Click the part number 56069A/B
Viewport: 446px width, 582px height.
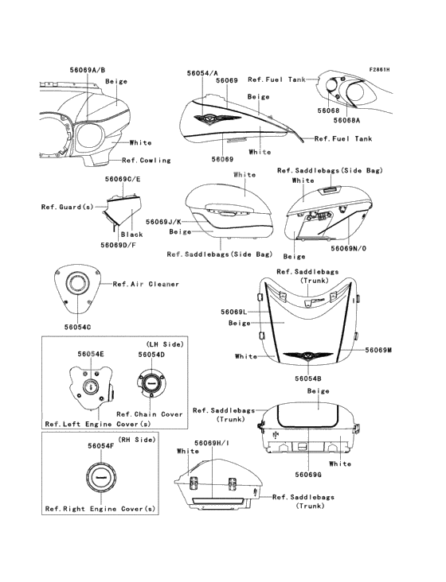[x=88, y=70]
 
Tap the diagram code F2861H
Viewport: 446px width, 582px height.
[x=379, y=69]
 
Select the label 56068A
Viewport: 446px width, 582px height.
[x=346, y=120]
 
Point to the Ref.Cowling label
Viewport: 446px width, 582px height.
[x=147, y=161]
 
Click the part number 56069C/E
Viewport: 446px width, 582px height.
[x=123, y=179]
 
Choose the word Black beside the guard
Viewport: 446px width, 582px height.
[x=132, y=235]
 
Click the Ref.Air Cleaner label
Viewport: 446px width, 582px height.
[x=146, y=284]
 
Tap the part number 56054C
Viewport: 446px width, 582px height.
[x=77, y=327]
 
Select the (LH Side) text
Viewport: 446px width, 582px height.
[x=165, y=344]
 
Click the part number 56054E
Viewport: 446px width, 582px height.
[x=91, y=354]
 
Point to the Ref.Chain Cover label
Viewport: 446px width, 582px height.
[x=150, y=414]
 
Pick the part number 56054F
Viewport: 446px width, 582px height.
[x=100, y=446]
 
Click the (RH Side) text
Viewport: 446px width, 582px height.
[x=137, y=440]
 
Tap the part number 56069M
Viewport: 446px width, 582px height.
[x=378, y=350]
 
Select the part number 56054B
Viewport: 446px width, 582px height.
[x=308, y=378]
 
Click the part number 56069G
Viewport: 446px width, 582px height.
[x=308, y=475]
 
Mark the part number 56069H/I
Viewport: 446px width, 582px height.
[x=212, y=443]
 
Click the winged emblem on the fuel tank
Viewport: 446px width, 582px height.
[x=217, y=119]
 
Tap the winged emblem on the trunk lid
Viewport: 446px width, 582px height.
[x=307, y=356]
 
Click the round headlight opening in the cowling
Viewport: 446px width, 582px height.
[x=89, y=136]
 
